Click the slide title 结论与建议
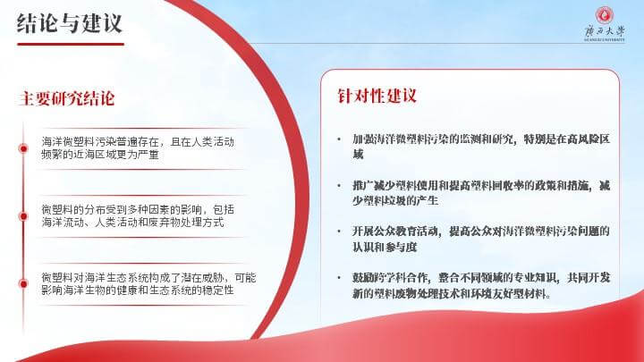click(x=70, y=23)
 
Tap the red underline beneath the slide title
click(x=71, y=44)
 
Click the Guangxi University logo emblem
click(x=605, y=15)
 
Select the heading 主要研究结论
click(x=66, y=98)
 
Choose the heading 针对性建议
click(x=377, y=96)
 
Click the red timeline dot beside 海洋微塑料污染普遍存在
click(x=23, y=148)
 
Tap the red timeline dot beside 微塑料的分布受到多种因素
click(x=23, y=216)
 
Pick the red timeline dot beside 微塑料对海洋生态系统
click(x=23, y=283)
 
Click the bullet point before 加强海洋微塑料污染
click(x=339, y=139)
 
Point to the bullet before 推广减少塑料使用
click(x=339, y=186)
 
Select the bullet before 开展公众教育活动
click(x=339, y=232)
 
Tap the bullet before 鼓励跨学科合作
click(x=339, y=278)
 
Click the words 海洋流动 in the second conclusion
click(x=63, y=223)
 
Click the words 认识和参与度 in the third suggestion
click(x=385, y=247)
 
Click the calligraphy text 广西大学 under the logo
click(x=605, y=31)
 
